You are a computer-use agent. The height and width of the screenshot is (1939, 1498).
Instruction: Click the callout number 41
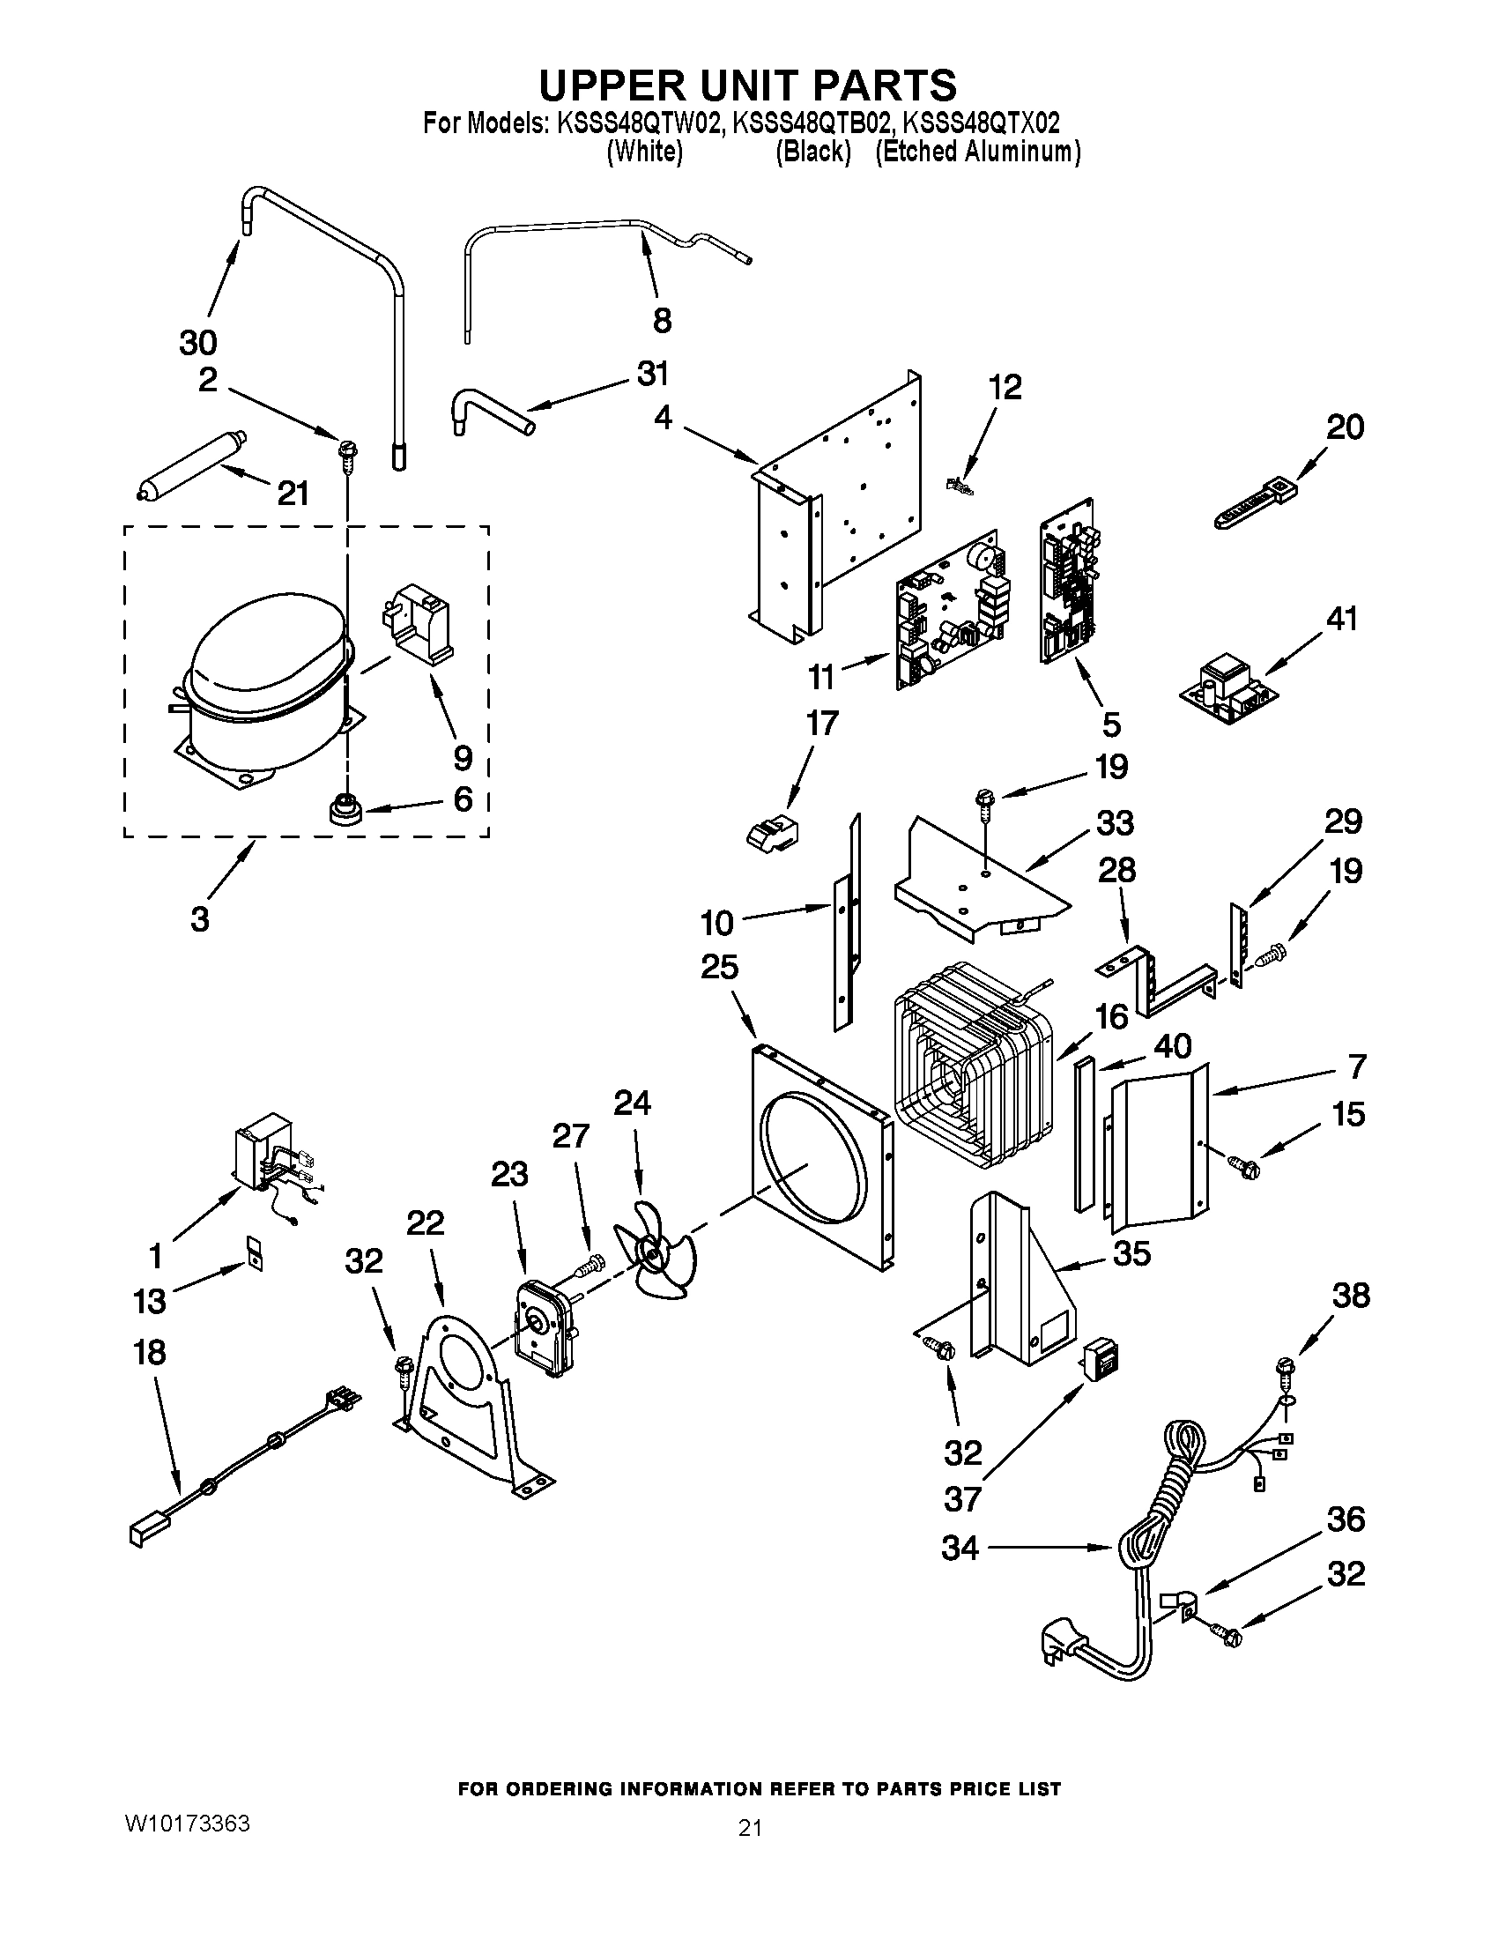pos(1342,618)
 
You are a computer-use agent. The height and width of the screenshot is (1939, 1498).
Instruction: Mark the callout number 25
pos(719,966)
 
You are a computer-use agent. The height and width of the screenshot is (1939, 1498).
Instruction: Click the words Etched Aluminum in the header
pos(978,152)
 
